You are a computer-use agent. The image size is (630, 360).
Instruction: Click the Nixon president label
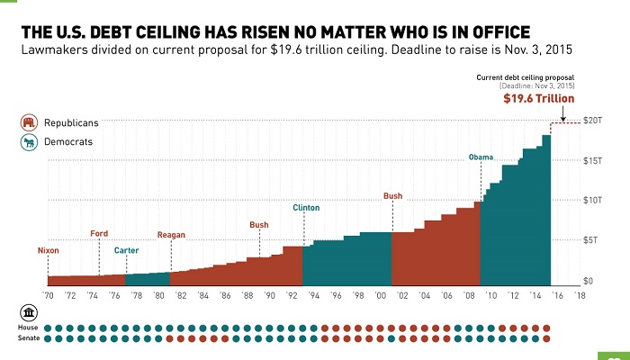click(x=49, y=249)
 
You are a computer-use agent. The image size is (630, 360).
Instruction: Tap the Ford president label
click(x=99, y=234)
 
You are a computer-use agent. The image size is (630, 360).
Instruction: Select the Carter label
click(x=126, y=249)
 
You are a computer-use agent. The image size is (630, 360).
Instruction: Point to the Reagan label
click(x=171, y=235)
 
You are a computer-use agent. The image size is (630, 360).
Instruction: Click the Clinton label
click(x=306, y=208)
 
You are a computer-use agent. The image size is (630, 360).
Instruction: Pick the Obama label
click(x=481, y=158)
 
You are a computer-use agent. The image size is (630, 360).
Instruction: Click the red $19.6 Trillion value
click(x=538, y=99)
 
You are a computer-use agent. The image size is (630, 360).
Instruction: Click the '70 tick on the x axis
click(x=49, y=294)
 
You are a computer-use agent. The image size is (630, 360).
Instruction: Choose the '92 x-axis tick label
click(x=291, y=294)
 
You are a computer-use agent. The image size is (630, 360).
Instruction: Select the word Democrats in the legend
click(x=67, y=142)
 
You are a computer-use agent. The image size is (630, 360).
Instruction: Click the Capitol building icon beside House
click(x=29, y=312)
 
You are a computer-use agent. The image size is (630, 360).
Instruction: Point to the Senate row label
click(x=28, y=338)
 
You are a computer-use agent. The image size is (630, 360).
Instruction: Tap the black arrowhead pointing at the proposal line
click(x=562, y=118)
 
